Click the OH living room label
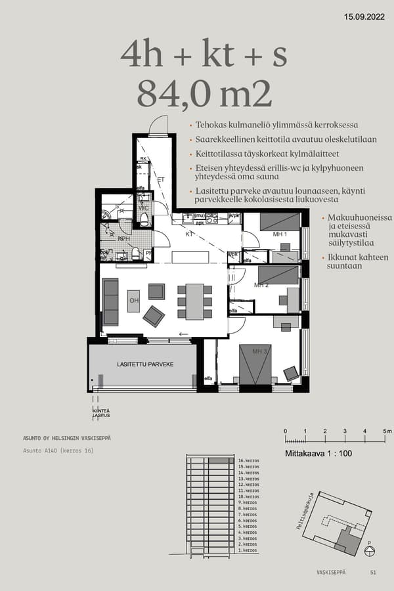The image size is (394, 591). [x=133, y=301]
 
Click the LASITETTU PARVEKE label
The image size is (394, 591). [x=144, y=363]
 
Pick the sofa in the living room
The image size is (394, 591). [x=110, y=301]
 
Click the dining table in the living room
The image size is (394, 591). [x=194, y=301]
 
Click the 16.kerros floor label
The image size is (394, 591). [x=248, y=461]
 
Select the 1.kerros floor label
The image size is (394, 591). [x=247, y=550]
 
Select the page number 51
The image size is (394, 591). [x=373, y=573]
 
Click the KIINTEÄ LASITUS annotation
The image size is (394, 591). [x=100, y=413]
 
